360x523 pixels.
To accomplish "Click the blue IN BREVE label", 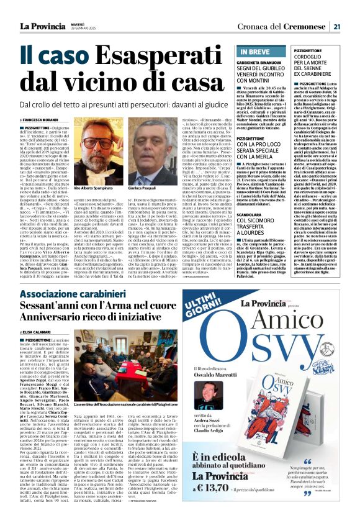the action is [256, 52].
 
